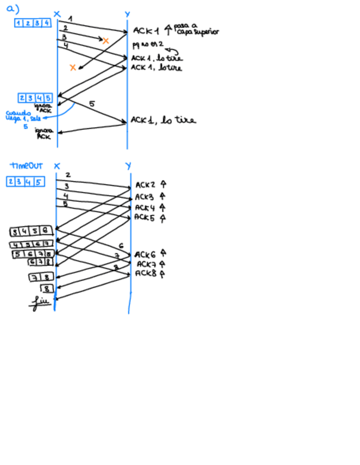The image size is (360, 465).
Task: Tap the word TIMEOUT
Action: (x=26, y=166)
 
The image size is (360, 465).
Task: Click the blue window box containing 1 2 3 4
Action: (x=33, y=23)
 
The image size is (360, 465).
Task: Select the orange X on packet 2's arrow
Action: (x=105, y=41)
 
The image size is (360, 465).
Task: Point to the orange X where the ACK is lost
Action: (x=72, y=67)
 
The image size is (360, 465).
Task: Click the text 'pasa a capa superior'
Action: (x=196, y=29)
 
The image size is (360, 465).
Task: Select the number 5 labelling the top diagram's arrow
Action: (x=92, y=104)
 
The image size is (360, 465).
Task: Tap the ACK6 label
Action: (x=145, y=254)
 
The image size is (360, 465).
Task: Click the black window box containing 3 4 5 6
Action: (x=32, y=232)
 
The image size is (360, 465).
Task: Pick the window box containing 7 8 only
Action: (x=42, y=277)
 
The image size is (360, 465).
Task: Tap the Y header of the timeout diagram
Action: (x=128, y=166)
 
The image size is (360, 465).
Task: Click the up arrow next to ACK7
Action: (x=162, y=264)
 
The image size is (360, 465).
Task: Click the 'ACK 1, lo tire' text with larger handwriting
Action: (x=163, y=121)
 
